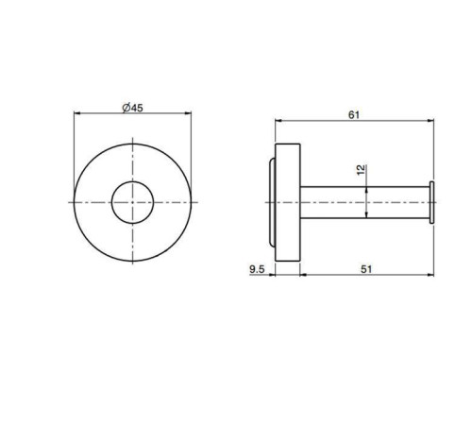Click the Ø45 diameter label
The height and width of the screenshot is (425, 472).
[132, 109]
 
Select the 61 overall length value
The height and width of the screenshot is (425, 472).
[354, 114]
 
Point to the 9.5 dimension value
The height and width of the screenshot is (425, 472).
[256, 269]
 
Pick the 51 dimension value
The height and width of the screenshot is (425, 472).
[366, 269]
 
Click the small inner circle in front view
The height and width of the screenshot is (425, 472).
[133, 201]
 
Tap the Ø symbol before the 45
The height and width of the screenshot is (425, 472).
[126, 109]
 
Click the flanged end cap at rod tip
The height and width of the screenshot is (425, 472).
[431, 202]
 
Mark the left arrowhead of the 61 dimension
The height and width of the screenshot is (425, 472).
[277, 121]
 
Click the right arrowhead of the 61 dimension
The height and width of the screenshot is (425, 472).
[432, 121]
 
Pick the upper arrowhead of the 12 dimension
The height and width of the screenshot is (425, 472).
[366, 188]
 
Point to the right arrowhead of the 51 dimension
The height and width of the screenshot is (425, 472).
[432, 277]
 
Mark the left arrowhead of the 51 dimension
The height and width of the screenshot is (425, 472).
[302, 277]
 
